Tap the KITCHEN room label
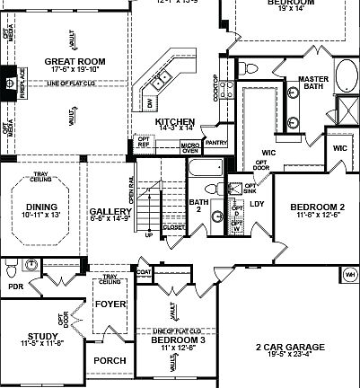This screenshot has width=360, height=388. click(x=174, y=121)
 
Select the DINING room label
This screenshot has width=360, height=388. click(x=41, y=207)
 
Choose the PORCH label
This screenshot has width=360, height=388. click(x=110, y=360)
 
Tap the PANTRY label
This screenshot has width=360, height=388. click(x=215, y=142)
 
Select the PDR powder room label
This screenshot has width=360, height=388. click(x=13, y=287)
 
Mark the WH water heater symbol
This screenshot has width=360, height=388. click(x=349, y=273)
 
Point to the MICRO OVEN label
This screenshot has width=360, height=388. click(x=189, y=147)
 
